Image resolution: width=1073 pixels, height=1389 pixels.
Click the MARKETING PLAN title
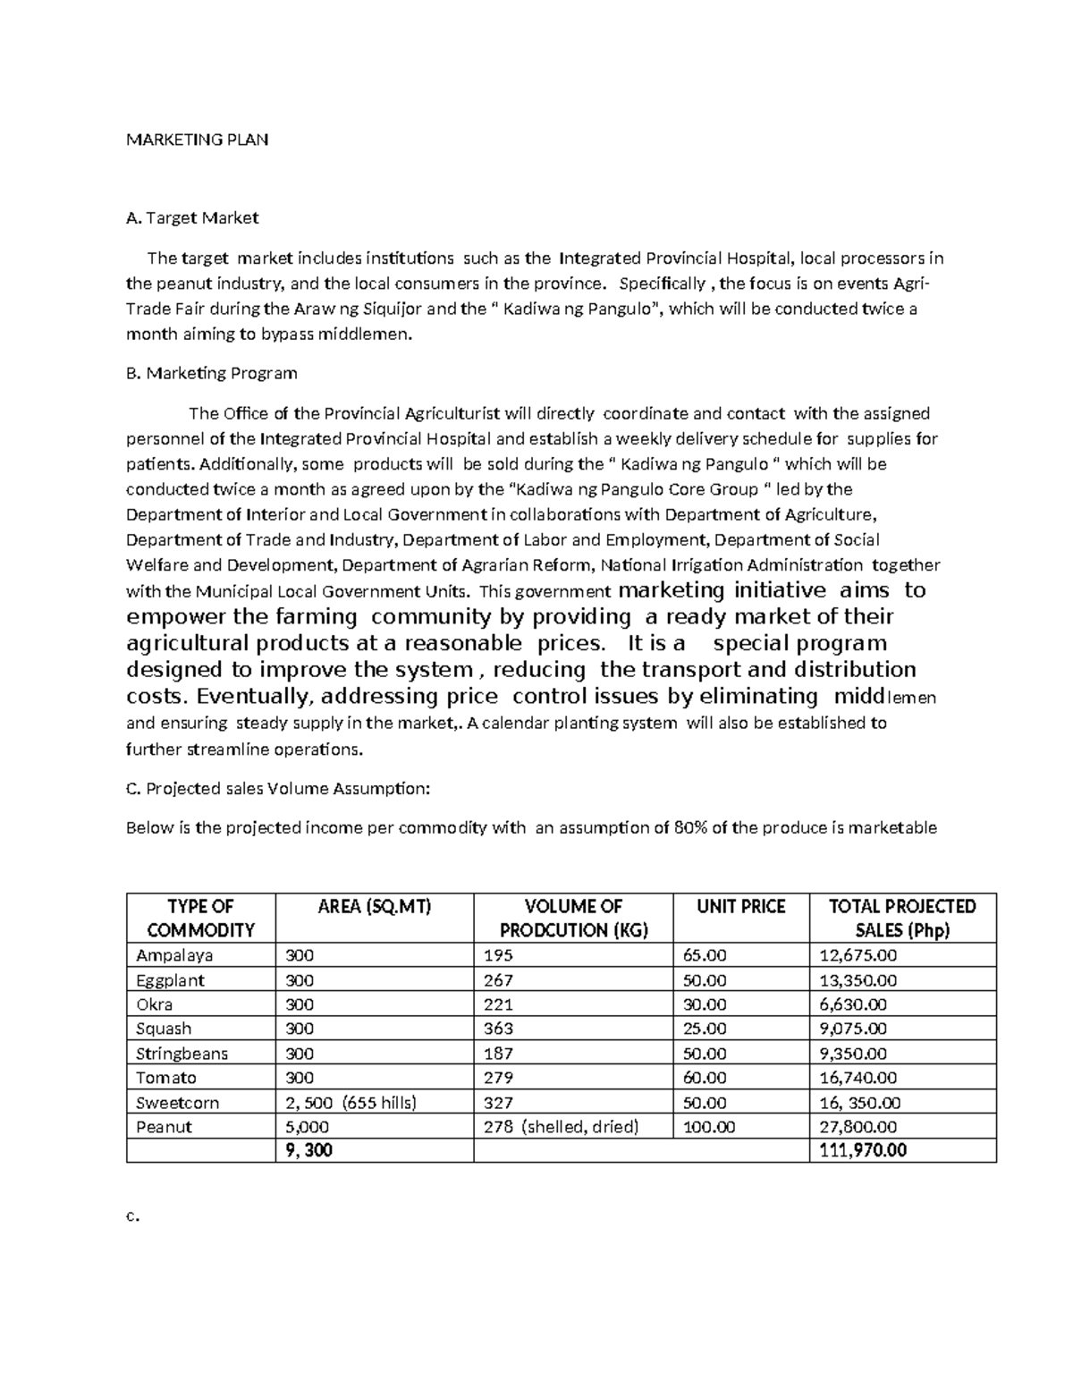(197, 140)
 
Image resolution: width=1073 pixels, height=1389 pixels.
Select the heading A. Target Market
(192, 217)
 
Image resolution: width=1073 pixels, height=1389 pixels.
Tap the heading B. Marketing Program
(212, 373)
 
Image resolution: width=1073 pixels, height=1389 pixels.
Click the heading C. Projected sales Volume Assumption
(278, 788)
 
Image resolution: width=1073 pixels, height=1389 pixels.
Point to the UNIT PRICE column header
(740, 906)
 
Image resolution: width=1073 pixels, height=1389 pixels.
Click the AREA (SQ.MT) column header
(375, 906)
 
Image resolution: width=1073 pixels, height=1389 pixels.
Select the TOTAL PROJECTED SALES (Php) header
(902, 918)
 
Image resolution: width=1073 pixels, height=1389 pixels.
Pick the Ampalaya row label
(174, 955)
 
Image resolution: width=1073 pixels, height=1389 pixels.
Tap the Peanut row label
(164, 1127)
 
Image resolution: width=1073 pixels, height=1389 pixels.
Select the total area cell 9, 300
(308, 1150)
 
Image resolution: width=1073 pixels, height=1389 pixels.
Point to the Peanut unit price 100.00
(709, 1127)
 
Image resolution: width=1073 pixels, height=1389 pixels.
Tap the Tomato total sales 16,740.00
(858, 1078)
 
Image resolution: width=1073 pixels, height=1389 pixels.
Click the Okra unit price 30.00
(705, 1004)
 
